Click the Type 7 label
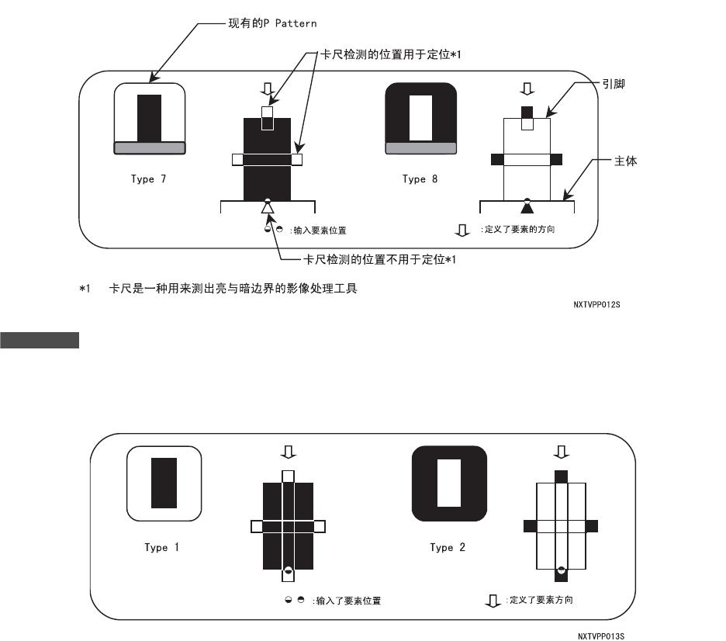[x=148, y=179]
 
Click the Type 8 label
[x=420, y=179]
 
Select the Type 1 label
[x=161, y=547]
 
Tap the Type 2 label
[x=448, y=547]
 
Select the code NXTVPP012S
[x=596, y=305]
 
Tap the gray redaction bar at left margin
[x=40, y=340]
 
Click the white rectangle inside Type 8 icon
[x=420, y=117]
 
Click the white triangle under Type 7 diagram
[x=268, y=208]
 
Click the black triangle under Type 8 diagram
[x=527, y=208]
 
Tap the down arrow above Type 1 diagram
[x=288, y=452]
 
